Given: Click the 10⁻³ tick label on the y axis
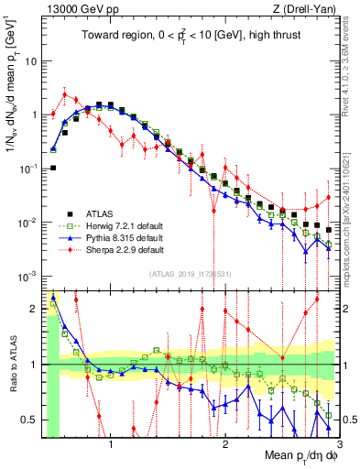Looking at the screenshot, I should (29, 277).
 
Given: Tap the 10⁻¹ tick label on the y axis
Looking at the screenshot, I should (29, 169).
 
